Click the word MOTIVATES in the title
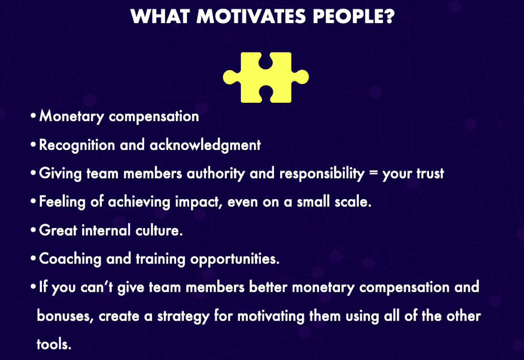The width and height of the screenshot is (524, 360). pos(251,16)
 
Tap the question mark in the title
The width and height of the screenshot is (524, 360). pos(390,16)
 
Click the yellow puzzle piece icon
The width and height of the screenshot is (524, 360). pos(266,77)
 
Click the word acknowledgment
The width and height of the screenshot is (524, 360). pos(205,145)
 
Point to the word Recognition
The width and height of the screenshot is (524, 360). pos(77,145)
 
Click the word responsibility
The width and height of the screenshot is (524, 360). pos(322,174)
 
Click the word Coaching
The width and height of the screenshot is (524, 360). pos(70,259)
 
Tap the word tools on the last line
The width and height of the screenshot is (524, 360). pos(54,344)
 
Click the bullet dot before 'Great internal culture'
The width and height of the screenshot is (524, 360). pos(33,230)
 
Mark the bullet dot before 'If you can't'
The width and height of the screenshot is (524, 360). pos(33,287)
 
